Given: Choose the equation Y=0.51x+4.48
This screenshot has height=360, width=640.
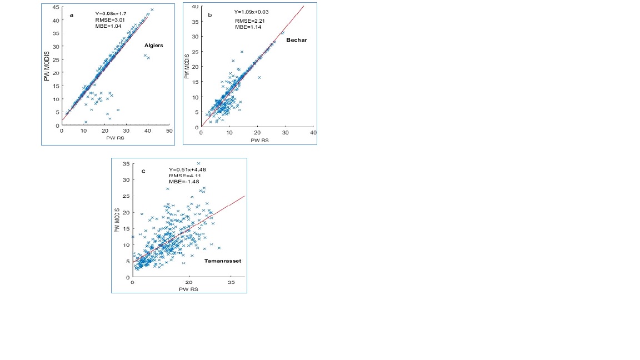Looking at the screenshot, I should tap(187, 169).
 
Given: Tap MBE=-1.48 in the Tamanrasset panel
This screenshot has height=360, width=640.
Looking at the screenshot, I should tap(182, 182).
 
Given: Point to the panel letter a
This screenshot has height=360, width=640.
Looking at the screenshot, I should tap(71, 15).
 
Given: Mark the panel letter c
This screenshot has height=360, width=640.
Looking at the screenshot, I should tap(143, 171).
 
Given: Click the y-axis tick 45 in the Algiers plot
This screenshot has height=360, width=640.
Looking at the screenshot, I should tap(56, 7).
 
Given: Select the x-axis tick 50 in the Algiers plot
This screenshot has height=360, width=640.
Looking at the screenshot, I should tap(169, 131).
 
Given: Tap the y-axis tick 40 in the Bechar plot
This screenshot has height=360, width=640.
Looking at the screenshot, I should tap(195, 7).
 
